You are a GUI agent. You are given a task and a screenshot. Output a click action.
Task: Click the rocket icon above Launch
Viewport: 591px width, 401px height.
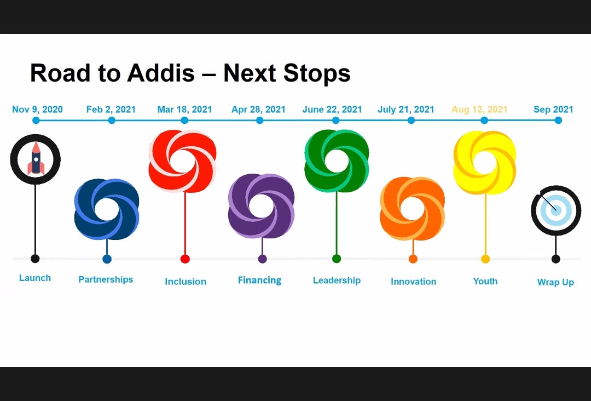36,158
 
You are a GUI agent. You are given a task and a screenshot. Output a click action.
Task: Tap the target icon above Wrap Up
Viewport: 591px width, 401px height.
556,210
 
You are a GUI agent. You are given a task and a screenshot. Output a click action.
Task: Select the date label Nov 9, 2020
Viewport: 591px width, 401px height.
37,110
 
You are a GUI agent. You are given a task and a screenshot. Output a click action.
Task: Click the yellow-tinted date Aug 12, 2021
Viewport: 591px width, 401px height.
479,110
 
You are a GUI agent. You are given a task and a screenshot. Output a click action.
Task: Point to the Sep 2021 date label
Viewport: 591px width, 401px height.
553,110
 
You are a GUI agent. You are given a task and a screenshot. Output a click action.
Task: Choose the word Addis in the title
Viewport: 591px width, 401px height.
161,73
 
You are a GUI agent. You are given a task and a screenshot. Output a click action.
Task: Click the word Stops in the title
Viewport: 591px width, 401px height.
317,73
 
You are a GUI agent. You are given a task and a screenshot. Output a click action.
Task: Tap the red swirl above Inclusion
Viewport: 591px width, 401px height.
182,161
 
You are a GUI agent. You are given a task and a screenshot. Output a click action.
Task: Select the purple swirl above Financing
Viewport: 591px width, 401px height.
261,206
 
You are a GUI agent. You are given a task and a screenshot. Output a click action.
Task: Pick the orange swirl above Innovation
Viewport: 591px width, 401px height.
413,208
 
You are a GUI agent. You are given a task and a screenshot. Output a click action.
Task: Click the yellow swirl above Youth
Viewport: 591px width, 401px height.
485,163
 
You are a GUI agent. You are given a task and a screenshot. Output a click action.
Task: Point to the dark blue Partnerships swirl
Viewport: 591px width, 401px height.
107,209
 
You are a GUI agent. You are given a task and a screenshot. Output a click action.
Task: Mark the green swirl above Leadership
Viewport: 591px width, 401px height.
337,161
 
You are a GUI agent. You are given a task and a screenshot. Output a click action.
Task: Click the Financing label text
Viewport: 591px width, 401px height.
260,280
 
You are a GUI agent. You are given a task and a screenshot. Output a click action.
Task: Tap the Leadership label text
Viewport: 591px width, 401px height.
337,280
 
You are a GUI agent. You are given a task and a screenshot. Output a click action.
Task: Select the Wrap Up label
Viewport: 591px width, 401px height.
555,282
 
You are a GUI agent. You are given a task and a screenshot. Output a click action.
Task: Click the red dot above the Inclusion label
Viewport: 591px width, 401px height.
185,259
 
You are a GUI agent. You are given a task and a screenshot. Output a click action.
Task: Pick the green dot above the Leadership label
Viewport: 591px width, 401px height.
337,259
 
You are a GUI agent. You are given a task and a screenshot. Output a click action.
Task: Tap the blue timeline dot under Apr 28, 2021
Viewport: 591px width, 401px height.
260,121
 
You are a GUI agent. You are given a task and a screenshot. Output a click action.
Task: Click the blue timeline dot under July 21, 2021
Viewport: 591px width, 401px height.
411,121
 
